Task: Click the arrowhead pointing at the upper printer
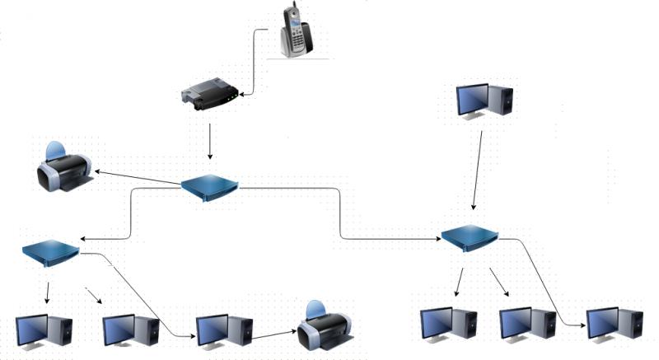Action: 97,172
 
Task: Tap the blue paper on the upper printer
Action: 54,151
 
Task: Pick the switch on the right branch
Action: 470,238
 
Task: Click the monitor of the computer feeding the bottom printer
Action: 212,329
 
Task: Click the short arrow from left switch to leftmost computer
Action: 47,292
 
